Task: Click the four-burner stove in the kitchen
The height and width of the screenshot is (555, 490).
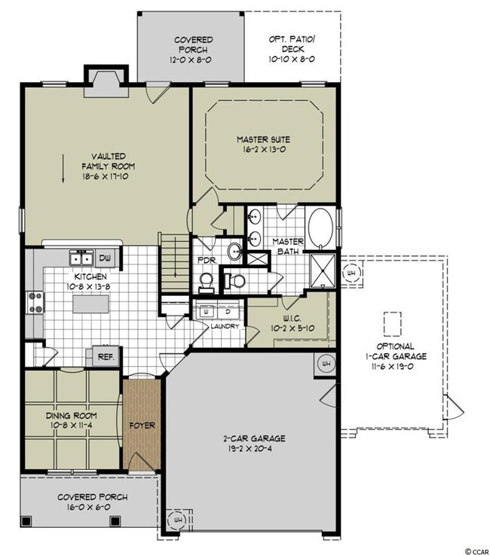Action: point(35,302)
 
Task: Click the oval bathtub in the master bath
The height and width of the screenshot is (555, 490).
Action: point(322,228)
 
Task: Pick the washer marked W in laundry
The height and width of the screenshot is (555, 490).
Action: point(204,310)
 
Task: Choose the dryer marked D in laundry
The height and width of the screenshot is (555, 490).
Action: point(228,310)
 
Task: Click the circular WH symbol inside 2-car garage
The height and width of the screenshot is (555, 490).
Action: point(326,363)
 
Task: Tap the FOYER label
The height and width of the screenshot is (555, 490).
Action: point(142,425)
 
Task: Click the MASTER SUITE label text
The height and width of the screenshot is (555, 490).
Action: point(263,139)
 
